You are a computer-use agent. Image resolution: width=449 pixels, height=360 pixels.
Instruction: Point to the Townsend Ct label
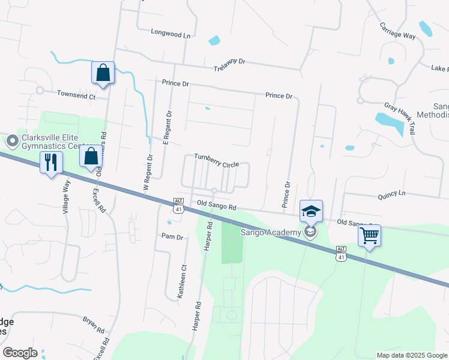tap(76, 94)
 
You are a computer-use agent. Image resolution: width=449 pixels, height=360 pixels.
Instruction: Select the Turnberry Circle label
tap(217, 160)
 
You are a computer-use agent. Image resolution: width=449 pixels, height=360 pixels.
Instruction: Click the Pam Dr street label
tap(172, 237)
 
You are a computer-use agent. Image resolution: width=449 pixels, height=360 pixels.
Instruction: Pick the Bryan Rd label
tap(94, 325)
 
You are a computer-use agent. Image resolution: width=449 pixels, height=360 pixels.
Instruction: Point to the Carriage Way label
tap(397, 31)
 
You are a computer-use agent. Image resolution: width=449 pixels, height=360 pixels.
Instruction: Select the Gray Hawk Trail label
tap(409, 119)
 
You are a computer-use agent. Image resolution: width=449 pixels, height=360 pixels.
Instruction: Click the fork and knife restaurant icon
tap(50, 161)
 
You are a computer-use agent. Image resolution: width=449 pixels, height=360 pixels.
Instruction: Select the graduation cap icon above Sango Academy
tap(312, 211)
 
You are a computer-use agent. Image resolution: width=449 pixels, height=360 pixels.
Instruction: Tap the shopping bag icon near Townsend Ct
tap(103, 73)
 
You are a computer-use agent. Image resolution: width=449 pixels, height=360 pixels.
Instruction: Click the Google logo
tap(20, 353)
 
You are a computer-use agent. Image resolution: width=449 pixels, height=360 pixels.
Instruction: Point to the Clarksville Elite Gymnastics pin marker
tap(11, 142)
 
